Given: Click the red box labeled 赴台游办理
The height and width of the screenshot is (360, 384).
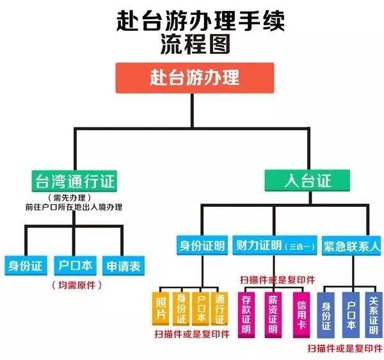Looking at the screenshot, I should [x=195, y=78].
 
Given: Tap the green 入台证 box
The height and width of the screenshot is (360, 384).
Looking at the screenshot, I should [x=308, y=180].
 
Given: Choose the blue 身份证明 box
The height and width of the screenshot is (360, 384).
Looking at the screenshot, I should [x=201, y=245].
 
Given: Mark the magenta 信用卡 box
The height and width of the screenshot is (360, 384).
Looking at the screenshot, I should [x=301, y=315].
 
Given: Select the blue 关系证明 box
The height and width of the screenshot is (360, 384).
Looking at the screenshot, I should [x=373, y=315].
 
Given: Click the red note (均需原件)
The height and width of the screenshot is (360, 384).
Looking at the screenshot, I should [x=76, y=284].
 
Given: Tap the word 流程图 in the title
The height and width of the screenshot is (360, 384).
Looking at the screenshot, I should [x=195, y=44].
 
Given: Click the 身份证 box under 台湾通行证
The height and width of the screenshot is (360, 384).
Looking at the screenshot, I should [x=24, y=265].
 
